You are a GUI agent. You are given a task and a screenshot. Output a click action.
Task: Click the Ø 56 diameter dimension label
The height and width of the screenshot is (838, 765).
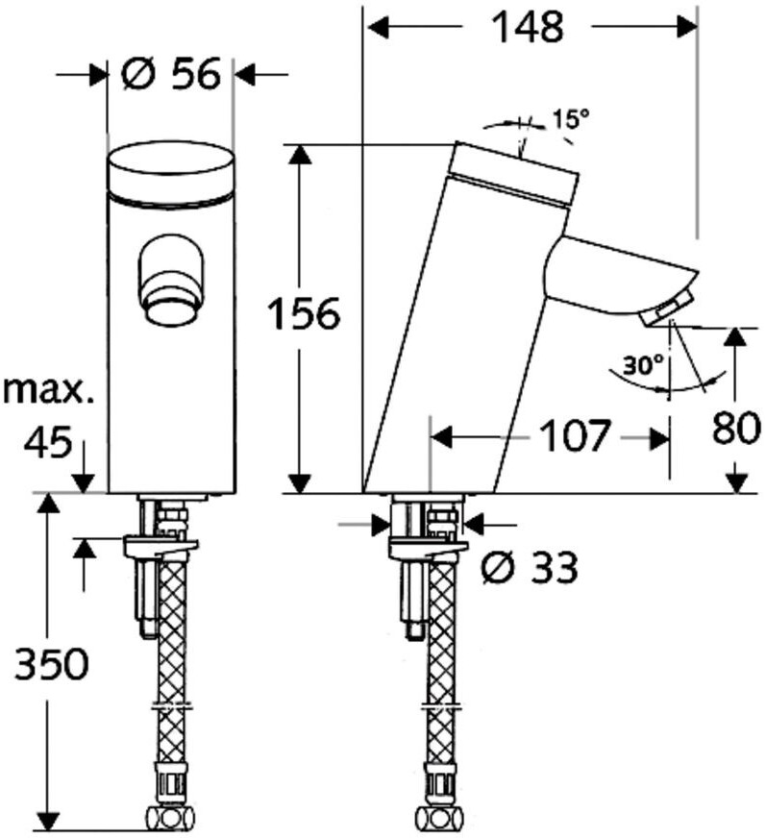(x=172, y=73)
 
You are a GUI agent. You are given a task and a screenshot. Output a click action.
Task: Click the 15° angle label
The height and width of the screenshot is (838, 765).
(x=570, y=119)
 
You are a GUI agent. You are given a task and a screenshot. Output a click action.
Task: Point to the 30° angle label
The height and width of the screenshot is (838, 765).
(x=643, y=366)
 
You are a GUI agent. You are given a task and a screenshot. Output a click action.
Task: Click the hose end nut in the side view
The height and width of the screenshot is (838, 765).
(x=438, y=819)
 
